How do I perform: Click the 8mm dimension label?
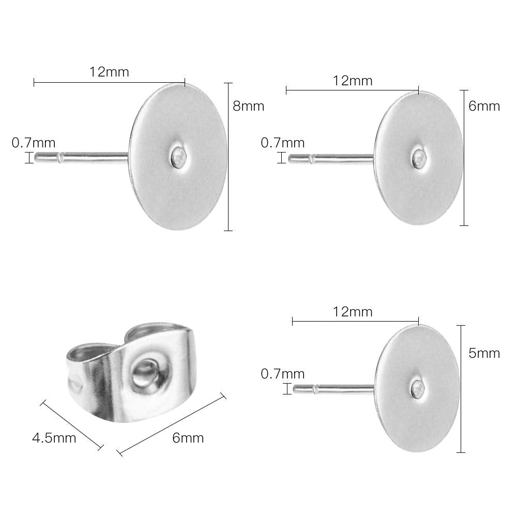pyautogui.click(x=248, y=106)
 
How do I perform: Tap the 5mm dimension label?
pyautogui.click(x=484, y=353)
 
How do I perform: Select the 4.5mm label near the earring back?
pyautogui.click(x=54, y=438)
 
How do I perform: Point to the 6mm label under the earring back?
pyautogui.click(x=188, y=438)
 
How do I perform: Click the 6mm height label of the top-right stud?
pyautogui.click(x=484, y=106)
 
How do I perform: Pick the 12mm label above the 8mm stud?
pyautogui.click(x=109, y=72)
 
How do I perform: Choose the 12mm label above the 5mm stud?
pyautogui.click(x=353, y=312)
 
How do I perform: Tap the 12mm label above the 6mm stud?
pyautogui.click(x=353, y=81)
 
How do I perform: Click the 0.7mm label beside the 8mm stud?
pyautogui.click(x=34, y=143)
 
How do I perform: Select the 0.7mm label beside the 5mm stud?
pyautogui.click(x=283, y=374)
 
